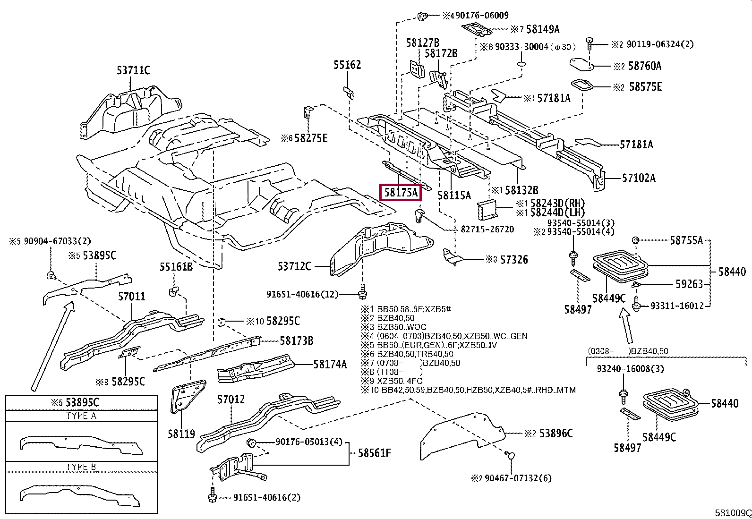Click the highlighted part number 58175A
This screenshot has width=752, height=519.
point(401,193)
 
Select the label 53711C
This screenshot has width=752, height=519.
point(133,70)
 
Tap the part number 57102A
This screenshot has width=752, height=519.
point(639,178)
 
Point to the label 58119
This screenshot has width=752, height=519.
point(181,434)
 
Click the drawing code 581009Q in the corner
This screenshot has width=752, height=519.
point(733,513)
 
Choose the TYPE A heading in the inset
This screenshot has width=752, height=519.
point(81,416)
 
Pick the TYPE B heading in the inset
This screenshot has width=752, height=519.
point(81,467)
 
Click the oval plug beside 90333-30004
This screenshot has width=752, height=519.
point(521,64)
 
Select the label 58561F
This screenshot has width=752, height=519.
point(374,453)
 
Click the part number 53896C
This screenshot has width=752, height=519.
point(556,434)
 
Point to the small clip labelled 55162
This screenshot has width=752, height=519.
point(349,93)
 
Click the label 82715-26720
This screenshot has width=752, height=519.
point(487,230)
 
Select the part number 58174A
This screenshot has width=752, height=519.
point(330,364)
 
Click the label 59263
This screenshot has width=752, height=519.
point(689,284)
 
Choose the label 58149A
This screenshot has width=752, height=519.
point(543,29)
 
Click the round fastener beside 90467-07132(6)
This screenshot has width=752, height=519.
point(510,456)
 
